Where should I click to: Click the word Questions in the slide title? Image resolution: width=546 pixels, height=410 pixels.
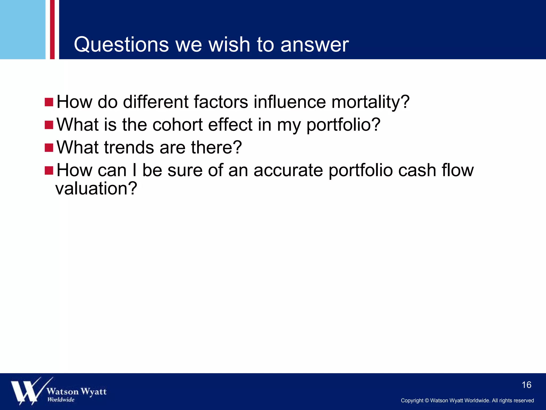click(x=121, y=45)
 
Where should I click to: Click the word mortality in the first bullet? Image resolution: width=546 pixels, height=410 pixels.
click(x=370, y=102)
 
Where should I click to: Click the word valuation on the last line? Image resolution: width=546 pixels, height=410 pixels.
click(x=96, y=188)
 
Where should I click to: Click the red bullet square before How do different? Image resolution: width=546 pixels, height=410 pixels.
click(x=49, y=102)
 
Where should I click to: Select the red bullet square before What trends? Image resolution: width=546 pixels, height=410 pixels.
click(x=49, y=148)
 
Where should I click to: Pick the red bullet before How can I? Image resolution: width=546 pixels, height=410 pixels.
click(x=49, y=170)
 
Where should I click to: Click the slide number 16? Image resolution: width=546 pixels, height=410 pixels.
click(x=526, y=385)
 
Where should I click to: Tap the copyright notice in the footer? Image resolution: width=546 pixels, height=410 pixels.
click(x=467, y=400)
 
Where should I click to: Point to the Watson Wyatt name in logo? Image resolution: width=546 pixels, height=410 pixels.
click(x=77, y=392)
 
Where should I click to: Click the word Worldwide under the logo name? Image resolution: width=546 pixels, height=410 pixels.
click(x=61, y=400)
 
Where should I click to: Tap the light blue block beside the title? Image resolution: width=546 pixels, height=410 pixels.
click(x=23, y=29)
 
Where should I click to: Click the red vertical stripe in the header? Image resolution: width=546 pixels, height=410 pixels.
click(x=52, y=29)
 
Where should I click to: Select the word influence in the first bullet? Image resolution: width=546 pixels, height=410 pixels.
click(x=290, y=102)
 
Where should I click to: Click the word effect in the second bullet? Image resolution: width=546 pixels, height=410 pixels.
click(x=230, y=125)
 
